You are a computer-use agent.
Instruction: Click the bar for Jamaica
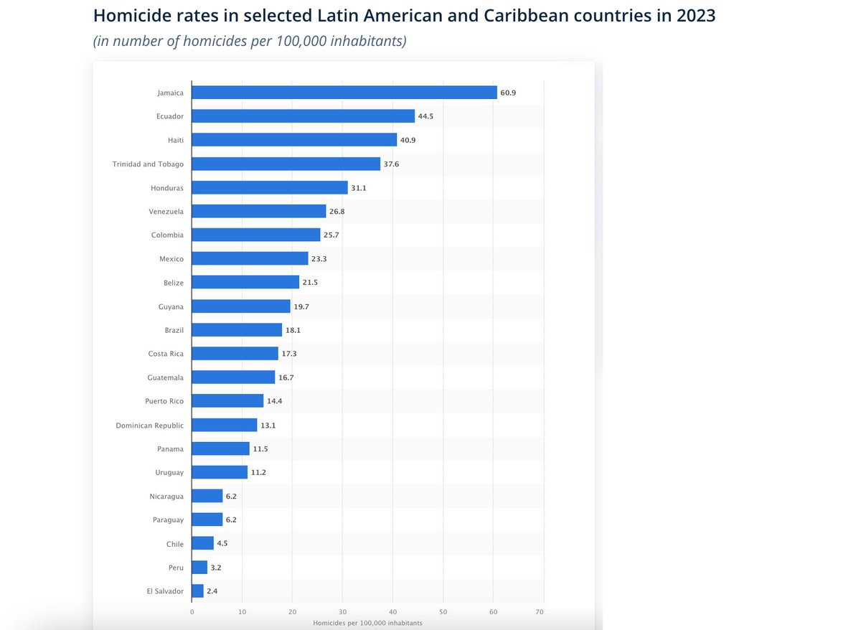[344, 93]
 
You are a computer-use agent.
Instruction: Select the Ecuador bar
[304, 116]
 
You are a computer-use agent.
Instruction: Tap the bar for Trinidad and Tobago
[286, 164]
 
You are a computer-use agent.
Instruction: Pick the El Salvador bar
[198, 591]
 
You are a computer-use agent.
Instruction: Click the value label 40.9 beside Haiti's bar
[408, 140]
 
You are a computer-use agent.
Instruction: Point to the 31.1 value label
[359, 188]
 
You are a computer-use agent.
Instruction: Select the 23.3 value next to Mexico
[319, 259]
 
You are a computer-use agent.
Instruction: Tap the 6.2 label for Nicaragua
[233, 497]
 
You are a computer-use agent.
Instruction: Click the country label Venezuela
[166, 212]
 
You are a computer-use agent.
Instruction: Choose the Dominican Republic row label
[149, 426]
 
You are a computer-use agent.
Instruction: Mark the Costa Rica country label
[166, 354]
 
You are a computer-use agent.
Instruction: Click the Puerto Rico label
[164, 401]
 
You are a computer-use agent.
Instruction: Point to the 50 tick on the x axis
[443, 612]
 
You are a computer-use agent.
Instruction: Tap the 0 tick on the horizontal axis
[192, 612]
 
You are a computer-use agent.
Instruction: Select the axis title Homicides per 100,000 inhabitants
[367, 623]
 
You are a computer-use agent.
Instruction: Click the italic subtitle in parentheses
[250, 41]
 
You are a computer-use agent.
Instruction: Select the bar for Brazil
[237, 330]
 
